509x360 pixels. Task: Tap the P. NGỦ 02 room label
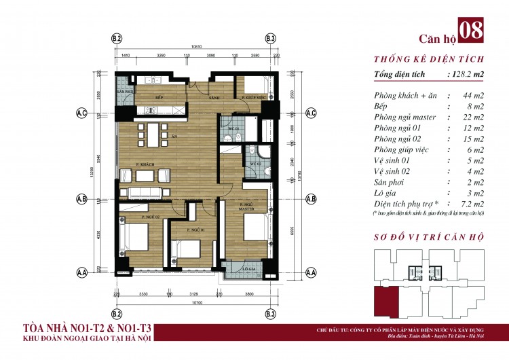coord(150,217)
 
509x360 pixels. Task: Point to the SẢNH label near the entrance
coord(215,98)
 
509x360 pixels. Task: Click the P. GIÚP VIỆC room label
coord(252,98)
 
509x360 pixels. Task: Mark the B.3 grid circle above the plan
coord(271,39)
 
